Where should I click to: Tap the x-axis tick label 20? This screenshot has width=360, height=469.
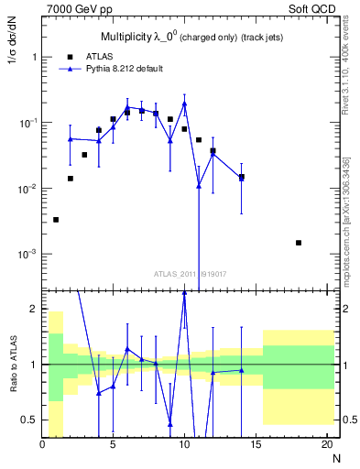pyautogui.click(x=326, y=446)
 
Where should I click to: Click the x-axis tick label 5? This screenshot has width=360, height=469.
pyautogui.click(x=114, y=446)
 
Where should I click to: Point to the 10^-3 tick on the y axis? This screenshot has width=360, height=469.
pyautogui.click(x=27, y=254)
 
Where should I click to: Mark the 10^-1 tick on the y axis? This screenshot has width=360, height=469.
pyautogui.click(x=27, y=123)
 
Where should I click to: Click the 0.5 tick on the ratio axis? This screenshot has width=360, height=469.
pyautogui.click(x=29, y=420)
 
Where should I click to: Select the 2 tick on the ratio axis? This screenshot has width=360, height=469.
pyautogui.click(x=34, y=309)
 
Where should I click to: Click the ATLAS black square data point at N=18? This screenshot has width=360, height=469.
pyautogui.click(x=299, y=243)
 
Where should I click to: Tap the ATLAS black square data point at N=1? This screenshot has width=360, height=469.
pyautogui.click(x=57, y=220)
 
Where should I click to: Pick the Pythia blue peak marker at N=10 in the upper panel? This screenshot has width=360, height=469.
pyautogui.click(x=184, y=104)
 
